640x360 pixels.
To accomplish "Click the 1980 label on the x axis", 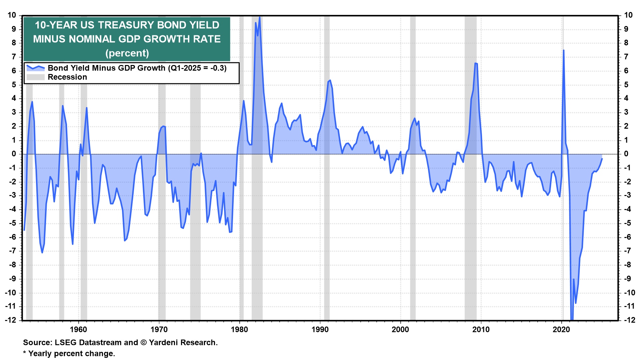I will click(239, 330).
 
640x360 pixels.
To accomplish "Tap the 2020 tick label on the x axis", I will click(561, 330).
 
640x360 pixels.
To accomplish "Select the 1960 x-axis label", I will click(78, 330).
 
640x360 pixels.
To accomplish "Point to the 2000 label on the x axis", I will click(400, 330).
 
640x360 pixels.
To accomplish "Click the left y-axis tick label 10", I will click(12, 15).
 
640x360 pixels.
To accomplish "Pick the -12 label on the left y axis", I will click(11, 320).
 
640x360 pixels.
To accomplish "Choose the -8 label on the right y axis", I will click(627, 265).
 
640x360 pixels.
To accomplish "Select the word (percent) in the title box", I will click(127, 53).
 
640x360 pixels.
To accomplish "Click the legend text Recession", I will click(67, 77).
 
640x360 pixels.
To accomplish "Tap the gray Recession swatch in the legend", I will click(35, 77).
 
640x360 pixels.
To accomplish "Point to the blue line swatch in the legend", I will click(35, 68).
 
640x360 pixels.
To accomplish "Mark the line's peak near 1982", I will click(260, 17).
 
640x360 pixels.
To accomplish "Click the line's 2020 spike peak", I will click(563, 50).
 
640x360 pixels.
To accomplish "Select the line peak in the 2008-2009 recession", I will click(475, 63).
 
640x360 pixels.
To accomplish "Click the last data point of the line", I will click(602, 159).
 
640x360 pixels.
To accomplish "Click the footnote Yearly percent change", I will click(71, 353).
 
